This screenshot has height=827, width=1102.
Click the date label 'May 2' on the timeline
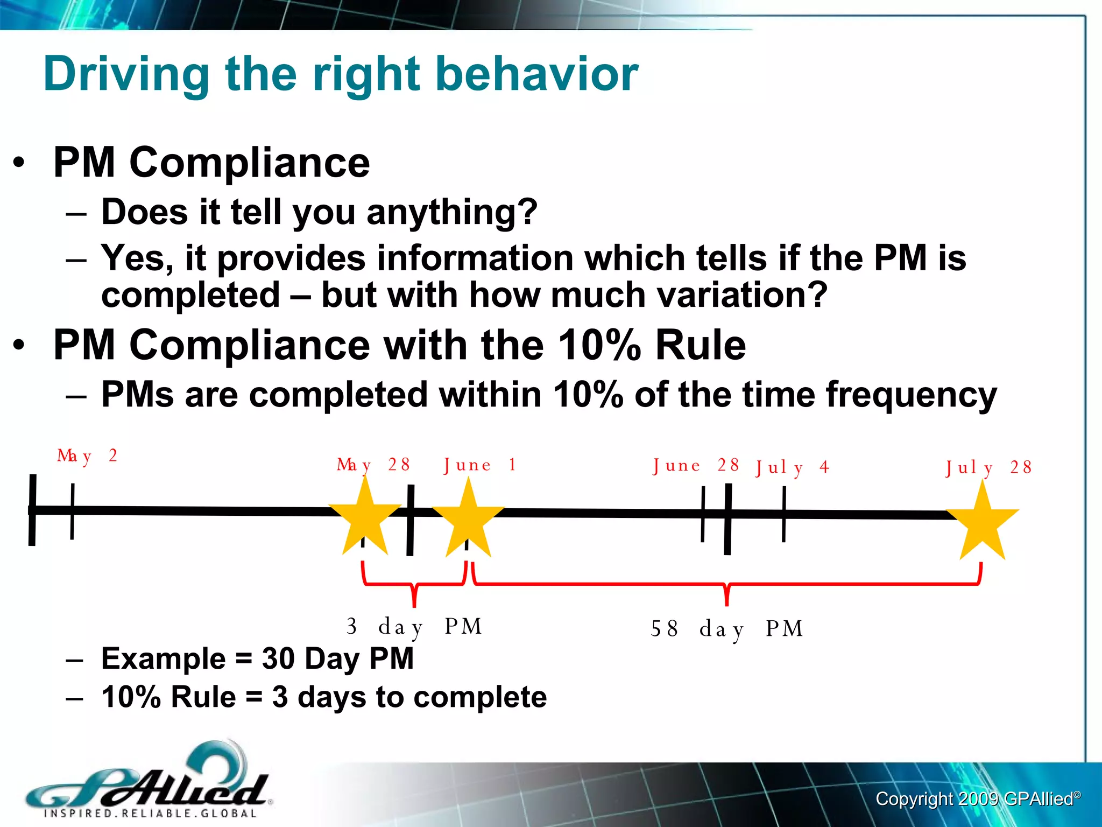(x=87, y=457)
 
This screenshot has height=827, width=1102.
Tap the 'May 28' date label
(x=373, y=465)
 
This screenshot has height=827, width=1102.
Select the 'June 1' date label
(x=479, y=465)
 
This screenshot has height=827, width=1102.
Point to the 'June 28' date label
(x=696, y=466)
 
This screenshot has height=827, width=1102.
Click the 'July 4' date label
(x=792, y=467)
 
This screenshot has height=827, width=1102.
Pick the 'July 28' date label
(x=988, y=467)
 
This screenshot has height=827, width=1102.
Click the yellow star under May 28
(x=365, y=520)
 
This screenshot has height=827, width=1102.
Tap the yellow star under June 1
(x=468, y=521)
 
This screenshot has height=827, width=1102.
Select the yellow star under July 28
(x=983, y=524)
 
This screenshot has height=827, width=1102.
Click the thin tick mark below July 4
(x=784, y=514)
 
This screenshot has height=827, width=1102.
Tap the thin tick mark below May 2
(x=72, y=511)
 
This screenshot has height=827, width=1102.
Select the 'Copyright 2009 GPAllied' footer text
(x=977, y=799)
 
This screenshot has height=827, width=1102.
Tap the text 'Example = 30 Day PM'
(x=257, y=658)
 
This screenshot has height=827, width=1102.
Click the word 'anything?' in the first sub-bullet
(x=452, y=212)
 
